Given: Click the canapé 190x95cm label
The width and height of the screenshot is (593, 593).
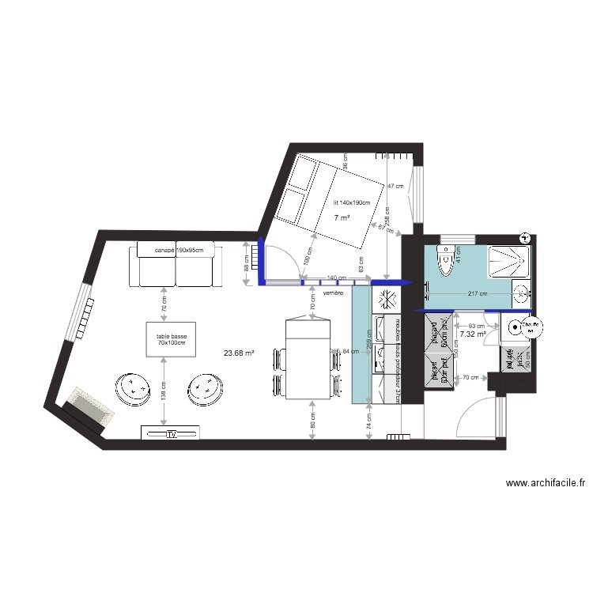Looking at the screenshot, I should pos(179,251).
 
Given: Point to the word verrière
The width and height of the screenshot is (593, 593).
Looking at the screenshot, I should pos(334,292).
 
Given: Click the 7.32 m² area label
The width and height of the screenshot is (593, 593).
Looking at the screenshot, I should pos(472,334).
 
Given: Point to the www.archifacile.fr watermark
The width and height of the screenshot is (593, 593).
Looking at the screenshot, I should pos(545,484).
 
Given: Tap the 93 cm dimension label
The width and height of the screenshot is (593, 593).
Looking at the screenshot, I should pos(477,325).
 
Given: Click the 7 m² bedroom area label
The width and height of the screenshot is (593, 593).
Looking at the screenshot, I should pos(342,217).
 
